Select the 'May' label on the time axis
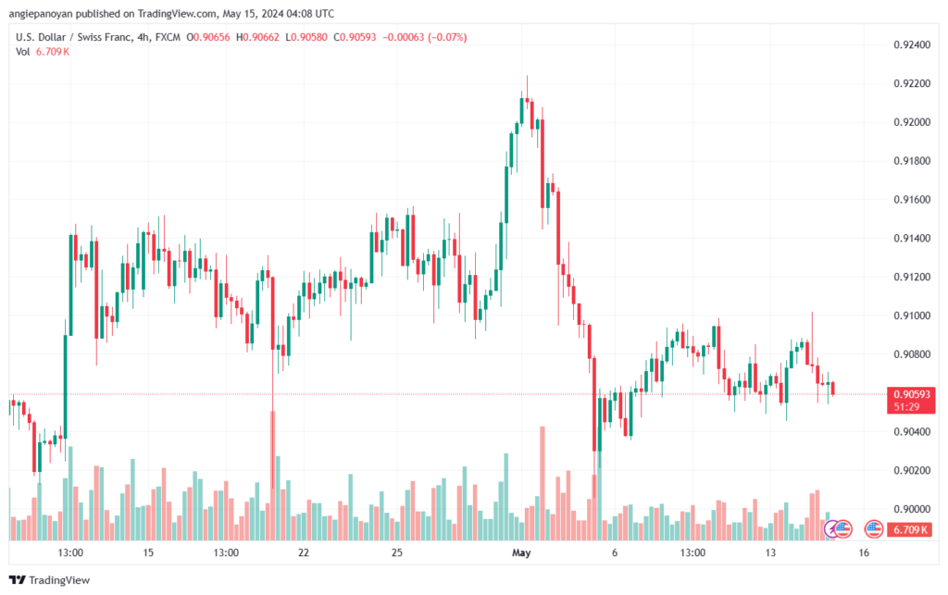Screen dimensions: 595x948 [x=523, y=552]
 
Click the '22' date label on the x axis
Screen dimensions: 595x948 [x=304, y=552]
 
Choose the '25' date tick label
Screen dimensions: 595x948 [x=397, y=552]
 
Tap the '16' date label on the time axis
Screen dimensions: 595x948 [x=863, y=552]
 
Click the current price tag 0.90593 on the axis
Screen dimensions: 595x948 [x=912, y=393]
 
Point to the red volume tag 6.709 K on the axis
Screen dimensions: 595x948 [x=912, y=529]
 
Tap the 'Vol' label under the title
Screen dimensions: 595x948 [x=23, y=52]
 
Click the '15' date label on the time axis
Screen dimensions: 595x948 [x=148, y=552]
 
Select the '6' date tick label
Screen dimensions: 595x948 [x=615, y=552]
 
